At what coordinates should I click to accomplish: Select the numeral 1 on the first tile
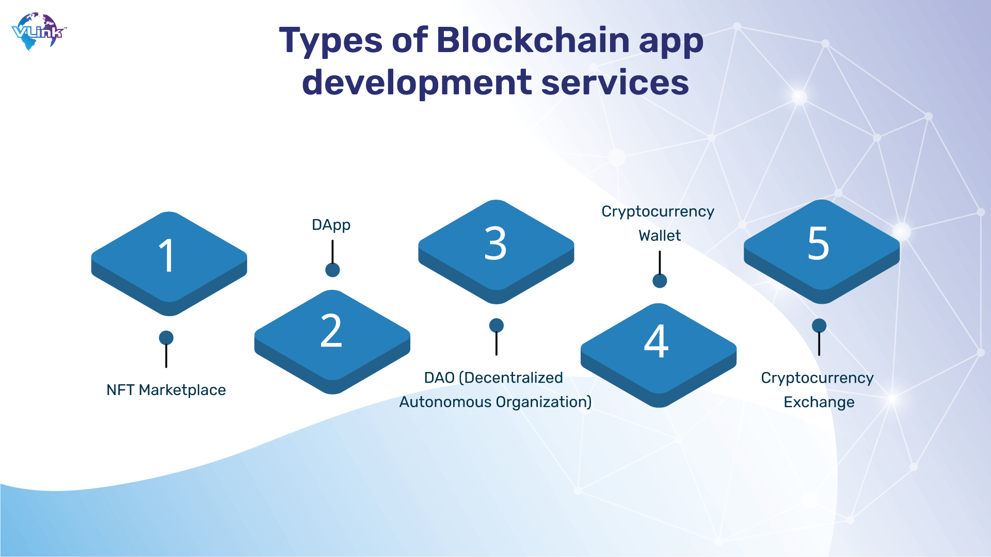pyautogui.click(x=167, y=256)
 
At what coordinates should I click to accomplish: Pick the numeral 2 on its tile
pyautogui.click(x=331, y=331)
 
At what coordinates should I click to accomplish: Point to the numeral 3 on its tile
pyautogui.click(x=495, y=243)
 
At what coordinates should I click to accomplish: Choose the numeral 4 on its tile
pyautogui.click(x=657, y=341)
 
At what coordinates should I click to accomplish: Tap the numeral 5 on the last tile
pyautogui.click(x=819, y=243)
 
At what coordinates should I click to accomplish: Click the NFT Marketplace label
pyautogui.click(x=166, y=390)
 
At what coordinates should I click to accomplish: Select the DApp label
pyautogui.click(x=331, y=225)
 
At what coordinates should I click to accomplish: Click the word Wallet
pyautogui.click(x=660, y=236)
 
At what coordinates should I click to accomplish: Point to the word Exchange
pyautogui.click(x=819, y=403)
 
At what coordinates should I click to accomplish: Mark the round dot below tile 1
pyautogui.click(x=166, y=338)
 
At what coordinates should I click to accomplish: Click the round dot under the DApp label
pyautogui.click(x=332, y=270)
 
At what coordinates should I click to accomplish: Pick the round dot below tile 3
pyautogui.click(x=497, y=325)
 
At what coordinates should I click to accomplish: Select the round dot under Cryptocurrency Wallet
pyautogui.click(x=660, y=281)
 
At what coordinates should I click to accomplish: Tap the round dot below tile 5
pyautogui.click(x=819, y=325)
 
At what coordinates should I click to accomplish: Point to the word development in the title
pyautogui.click(x=417, y=83)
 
